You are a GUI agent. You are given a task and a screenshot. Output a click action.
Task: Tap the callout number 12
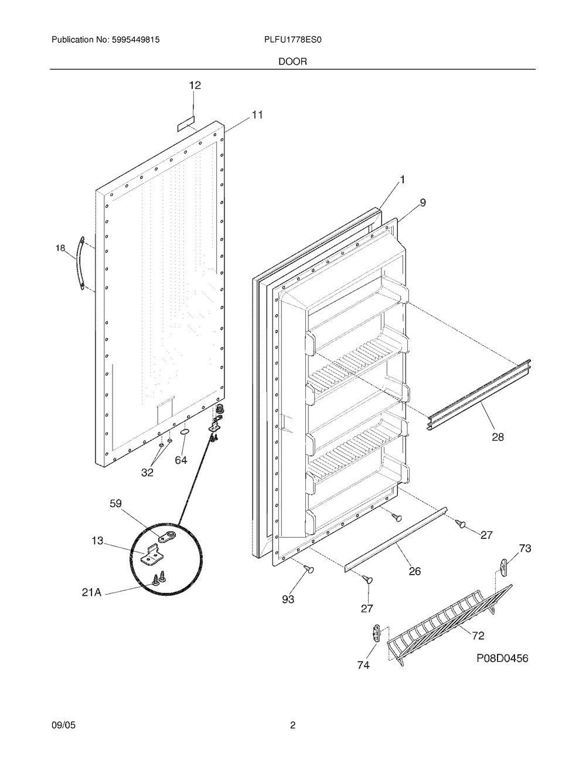(x=195, y=86)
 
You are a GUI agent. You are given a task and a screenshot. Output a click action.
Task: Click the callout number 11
(x=257, y=115)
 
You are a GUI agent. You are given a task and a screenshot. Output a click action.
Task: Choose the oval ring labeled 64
(x=185, y=433)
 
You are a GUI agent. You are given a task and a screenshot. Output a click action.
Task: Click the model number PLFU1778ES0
(x=293, y=40)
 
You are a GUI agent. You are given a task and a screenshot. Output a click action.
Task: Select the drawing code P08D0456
(x=502, y=658)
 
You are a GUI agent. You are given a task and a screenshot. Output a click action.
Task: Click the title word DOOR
(x=293, y=61)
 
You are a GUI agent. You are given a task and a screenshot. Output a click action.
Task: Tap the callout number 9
(x=423, y=203)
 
